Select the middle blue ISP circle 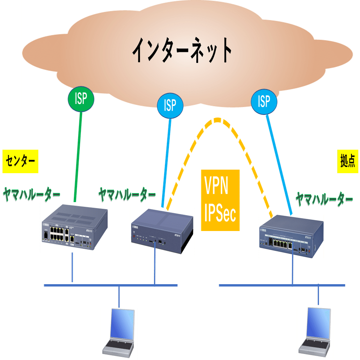170,105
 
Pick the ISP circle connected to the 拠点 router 264,101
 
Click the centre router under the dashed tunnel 162,232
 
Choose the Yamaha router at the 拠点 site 291,236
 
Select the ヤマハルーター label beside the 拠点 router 324,200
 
